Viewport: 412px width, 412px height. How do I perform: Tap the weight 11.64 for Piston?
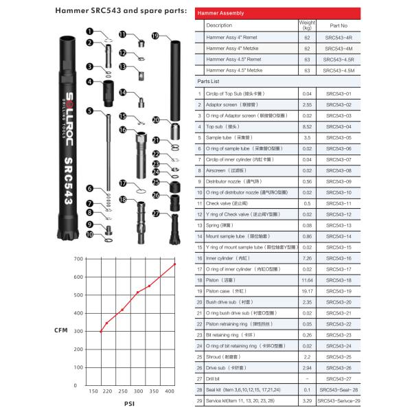(307, 281)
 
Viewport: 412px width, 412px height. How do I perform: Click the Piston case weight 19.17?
(307, 292)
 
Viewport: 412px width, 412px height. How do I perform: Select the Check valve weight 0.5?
(307, 204)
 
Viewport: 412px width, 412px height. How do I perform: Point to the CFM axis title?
(60, 330)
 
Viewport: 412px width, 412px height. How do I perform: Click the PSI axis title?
(128, 403)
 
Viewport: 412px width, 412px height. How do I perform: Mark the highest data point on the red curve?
(174, 264)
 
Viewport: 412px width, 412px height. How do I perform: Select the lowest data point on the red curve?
(101, 332)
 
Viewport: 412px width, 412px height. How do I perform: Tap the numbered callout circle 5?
(89, 111)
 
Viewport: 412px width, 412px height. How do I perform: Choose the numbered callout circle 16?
(122, 129)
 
